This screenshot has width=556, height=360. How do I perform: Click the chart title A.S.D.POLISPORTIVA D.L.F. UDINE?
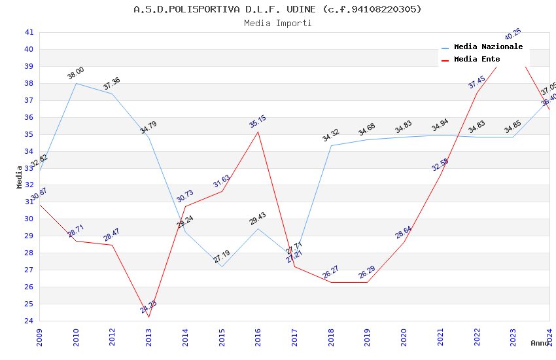tap(277, 9)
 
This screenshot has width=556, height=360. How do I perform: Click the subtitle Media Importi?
tap(277, 24)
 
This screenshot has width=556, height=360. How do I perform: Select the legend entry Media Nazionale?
tap(488, 47)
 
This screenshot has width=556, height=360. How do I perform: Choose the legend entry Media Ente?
tap(476, 60)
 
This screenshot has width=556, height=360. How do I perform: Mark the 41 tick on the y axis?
tap(29, 32)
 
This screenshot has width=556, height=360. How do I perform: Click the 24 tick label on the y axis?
tap(29, 321)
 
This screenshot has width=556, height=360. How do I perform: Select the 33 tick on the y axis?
tap(29, 168)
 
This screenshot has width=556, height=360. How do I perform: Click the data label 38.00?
tap(75, 73)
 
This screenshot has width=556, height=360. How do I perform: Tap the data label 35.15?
tap(257, 122)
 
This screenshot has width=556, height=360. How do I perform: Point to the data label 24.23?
tap(148, 306)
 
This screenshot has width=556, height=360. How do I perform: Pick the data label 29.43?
tap(257, 219)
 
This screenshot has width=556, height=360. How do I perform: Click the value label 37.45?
tap(476, 82)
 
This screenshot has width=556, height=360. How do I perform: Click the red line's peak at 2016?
tap(258, 132)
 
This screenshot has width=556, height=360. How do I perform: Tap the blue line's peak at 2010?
tap(77, 83)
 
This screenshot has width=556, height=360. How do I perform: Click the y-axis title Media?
tap(20, 177)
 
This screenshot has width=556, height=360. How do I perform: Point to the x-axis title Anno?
tap(540, 343)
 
